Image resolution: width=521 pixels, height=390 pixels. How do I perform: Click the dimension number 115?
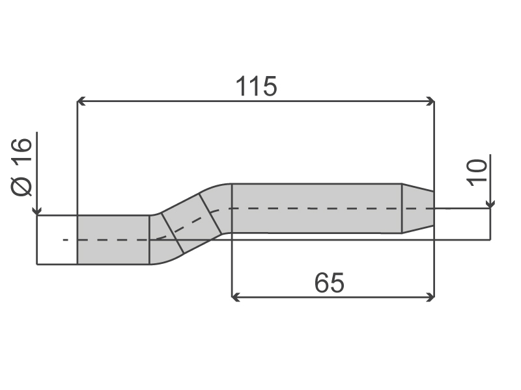[x=256, y=86]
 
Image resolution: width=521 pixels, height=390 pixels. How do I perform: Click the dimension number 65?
[x=330, y=283]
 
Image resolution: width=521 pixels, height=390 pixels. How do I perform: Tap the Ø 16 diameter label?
[x=22, y=167]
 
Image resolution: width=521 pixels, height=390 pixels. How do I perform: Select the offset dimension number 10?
[x=477, y=172]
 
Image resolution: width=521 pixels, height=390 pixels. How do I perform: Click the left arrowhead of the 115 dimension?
[x=81, y=101]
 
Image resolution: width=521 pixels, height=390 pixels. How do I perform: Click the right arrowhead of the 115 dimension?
[x=430, y=101]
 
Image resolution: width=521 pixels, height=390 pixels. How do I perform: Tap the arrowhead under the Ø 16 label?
[x=37, y=211]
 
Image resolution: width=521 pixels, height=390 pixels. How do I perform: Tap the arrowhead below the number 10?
[x=490, y=204]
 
